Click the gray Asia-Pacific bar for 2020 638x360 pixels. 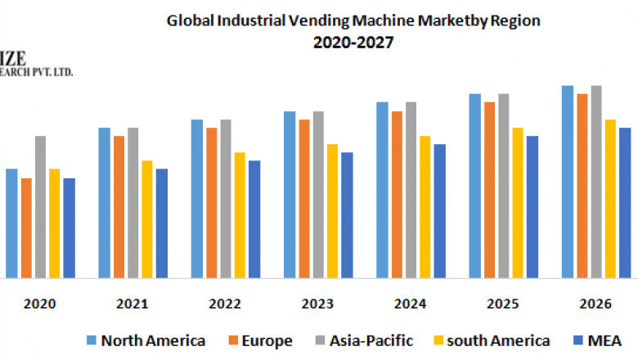[x=40, y=206]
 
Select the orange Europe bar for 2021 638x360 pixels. [x=119, y=206]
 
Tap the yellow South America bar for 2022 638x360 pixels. [x=240, y=214]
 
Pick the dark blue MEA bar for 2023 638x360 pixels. [x=347, y=214]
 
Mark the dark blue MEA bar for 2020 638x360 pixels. [x=69, y=227]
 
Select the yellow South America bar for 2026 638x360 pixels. [x=610, y=198]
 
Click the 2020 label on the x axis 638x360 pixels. [x=40, y=304]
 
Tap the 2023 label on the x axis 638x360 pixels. [x=317, y=304]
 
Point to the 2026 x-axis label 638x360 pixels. [x=595, y=304]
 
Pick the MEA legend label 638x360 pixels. [x=606, y=340]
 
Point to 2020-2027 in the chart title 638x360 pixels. [x=353, y=43]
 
